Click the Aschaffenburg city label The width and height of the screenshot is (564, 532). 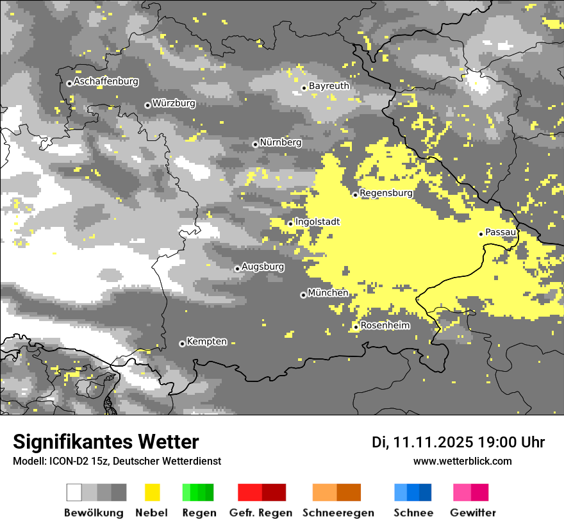(x=106, y=81)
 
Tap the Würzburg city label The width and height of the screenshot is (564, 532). (x=174, y=103)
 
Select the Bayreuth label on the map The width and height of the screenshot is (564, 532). (x=329, y=86)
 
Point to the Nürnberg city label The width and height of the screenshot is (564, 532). (x=281, y=142)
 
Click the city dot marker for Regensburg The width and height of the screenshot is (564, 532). (x=355, y=194)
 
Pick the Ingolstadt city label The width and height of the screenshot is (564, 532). (x=317, y=222)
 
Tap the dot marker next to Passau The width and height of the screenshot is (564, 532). (x=481, y=234)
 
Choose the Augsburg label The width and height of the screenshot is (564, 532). (x=263, y=267)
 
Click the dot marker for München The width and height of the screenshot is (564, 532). (x=303, y=295)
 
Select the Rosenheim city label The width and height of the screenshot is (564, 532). (x=385, y=326)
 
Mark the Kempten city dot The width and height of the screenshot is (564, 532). (x=182, y=344)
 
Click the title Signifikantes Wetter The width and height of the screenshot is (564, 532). (x=106, y=442)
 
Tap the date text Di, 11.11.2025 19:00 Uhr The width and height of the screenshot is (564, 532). (x=458, y=442)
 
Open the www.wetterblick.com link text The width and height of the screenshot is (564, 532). (x=463, y=461)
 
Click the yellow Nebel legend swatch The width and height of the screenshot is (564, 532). (x=152, y=492)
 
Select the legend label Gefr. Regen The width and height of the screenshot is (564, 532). (x=261, y=513)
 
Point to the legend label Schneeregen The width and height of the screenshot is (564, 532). (x=338, y=513)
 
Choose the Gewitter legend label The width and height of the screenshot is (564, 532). (x=473, y=513)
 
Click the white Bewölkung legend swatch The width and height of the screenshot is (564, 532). (x=74, y=492)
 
